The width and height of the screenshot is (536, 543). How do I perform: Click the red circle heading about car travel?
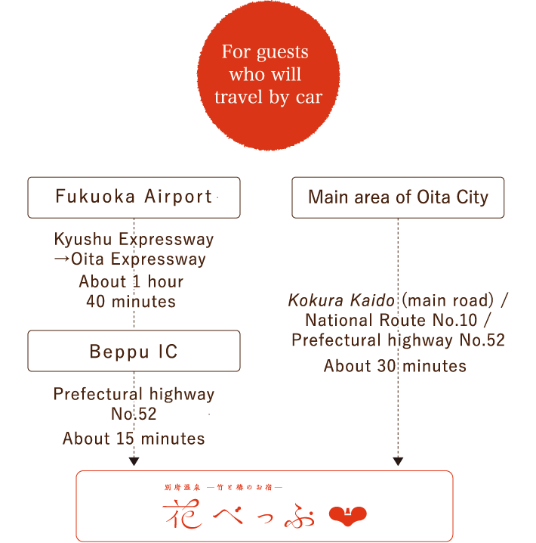tap(268, 76)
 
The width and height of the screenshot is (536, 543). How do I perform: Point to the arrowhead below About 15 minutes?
tap(134, 461)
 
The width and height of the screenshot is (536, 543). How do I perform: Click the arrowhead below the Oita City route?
tap(398, 461)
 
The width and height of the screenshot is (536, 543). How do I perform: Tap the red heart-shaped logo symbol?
tap(348, 516)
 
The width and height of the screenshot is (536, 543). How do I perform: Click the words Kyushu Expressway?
tap(134, 239)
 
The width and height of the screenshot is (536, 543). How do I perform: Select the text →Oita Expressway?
tap(131, 259)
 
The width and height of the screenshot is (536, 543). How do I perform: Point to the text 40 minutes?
tap(131, 301)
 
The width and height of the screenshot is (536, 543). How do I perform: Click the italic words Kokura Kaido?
tap(341, 300)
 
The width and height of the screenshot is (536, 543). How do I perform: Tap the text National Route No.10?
tap(391, 320)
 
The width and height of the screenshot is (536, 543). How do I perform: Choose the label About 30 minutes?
tap(395, 366)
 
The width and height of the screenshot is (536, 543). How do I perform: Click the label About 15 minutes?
tap(134, 439)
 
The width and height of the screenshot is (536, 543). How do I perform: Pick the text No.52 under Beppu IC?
tap(134, 414)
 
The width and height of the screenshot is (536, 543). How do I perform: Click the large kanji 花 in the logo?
tap(183, 514)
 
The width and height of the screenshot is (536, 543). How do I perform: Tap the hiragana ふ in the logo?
tap(300, 516)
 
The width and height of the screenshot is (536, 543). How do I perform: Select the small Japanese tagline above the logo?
tap(223, 487)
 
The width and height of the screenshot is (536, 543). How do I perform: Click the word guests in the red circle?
tap(282, 52)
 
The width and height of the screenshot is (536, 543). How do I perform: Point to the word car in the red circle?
tap(309, 97)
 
